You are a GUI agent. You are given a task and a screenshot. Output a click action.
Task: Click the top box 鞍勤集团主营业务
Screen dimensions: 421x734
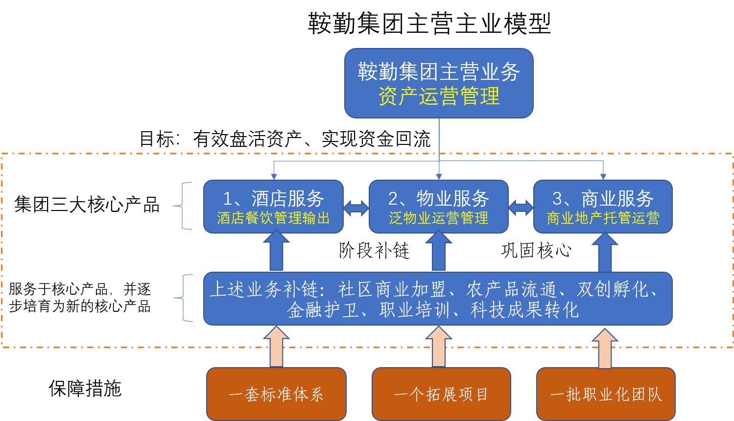pyautogui.click(x=439, y=71)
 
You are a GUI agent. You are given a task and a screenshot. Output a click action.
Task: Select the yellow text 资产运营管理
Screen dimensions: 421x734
pyautogui.click(x=439, y=96)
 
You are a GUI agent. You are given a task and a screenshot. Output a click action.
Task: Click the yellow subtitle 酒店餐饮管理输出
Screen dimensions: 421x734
pyautogui.click(x=273, y=218)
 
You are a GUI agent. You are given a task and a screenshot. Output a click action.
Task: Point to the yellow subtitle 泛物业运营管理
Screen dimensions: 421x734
pyautogui.click(x=439, y=218)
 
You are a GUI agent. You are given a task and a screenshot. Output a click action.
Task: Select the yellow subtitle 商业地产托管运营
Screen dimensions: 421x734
pyautogui.click(x=603, y=218)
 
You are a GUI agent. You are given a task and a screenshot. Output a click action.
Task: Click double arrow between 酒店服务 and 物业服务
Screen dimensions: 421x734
pyautogui.click(x=356, y=208)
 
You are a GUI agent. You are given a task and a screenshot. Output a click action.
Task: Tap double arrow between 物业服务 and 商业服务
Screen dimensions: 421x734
pyautogui.click(x=521, y=208)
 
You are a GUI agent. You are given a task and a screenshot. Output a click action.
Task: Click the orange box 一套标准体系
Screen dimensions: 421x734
pyautogui.click(x=276, y=394)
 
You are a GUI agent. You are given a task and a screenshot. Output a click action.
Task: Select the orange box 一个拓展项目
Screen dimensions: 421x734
pyautogui.click(x=441, y=394)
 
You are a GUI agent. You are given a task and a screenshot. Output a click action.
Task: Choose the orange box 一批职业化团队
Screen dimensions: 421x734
pyautogui.click(x=606, y=394)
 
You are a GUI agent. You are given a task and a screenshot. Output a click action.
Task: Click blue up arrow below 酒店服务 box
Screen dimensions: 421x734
pyautogui.click(x=277, y=252)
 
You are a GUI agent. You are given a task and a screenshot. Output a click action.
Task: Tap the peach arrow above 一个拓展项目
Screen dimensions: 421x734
pyautogui.click(x=439, y=348)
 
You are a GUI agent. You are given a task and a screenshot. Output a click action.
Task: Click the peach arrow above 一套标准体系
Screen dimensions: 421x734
pyautogui.click(x=277, y=348)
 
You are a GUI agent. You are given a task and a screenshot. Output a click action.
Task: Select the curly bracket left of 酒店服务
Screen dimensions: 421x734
pyautogui.click(x=183, y=206)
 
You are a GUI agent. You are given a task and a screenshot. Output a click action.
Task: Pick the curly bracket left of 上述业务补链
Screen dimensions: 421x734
pyautogui.click(x=183, y=298)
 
